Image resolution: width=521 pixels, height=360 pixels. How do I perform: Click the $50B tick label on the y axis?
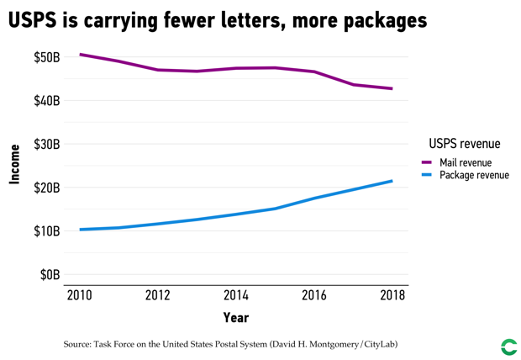coord(46,57)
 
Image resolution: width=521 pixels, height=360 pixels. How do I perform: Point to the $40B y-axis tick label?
coord(46,101)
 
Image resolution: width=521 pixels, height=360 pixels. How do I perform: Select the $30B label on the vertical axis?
coord(46,144)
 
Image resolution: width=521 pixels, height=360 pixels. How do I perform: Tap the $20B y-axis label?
coord(46,188)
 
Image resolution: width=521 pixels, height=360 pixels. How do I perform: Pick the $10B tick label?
coord(46,230)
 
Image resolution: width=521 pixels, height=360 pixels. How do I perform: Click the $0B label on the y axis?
coord(50,274)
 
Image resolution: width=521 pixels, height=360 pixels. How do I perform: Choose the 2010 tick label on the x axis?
coord(79,295)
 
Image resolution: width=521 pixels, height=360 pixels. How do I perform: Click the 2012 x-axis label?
coord(157,295)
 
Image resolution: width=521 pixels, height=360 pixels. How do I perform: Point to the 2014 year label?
coord(235,295)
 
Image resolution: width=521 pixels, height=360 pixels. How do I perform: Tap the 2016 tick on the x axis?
coord(314,295)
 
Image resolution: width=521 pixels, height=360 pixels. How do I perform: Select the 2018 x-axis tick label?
coord(392,295)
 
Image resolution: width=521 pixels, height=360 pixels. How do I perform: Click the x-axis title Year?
coord(235,318)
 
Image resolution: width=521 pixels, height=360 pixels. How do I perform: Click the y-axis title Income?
coord(14,165)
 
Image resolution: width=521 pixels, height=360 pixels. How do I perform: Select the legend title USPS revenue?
coord(464,144)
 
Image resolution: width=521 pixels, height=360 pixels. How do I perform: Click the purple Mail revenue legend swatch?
coord(426,162)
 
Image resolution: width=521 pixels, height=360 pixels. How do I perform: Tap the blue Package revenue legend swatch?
coord(426,175)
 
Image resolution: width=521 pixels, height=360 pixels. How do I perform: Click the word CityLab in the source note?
coord(376,344)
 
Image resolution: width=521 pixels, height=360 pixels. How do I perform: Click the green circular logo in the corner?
coord(508,347)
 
